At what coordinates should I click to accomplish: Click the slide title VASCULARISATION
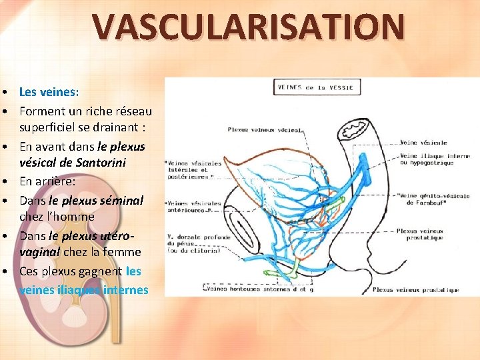(248, 26)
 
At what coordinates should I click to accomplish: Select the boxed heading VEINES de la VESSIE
(317, 87)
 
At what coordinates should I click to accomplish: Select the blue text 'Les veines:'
(49, 92)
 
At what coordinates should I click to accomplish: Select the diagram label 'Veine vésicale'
(423, 143)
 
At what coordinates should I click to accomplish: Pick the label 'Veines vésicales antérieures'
(193, 207)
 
